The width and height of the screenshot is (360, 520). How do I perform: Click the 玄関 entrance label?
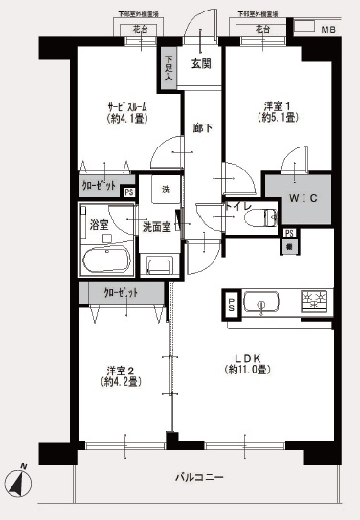(201, 64)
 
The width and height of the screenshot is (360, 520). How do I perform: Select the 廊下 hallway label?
(201, 126)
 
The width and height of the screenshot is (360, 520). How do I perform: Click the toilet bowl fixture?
(257, 218)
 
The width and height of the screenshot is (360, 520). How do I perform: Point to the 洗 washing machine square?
(167, 190)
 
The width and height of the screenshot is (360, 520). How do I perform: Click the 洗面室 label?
(156, 227)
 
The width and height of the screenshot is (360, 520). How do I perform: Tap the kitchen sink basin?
(259, 305)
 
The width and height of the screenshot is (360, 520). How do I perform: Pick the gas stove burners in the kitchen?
(312, 302)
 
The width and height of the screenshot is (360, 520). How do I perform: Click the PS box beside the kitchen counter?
(231, 305)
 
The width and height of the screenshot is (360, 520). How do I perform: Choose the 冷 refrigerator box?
(289, 246)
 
